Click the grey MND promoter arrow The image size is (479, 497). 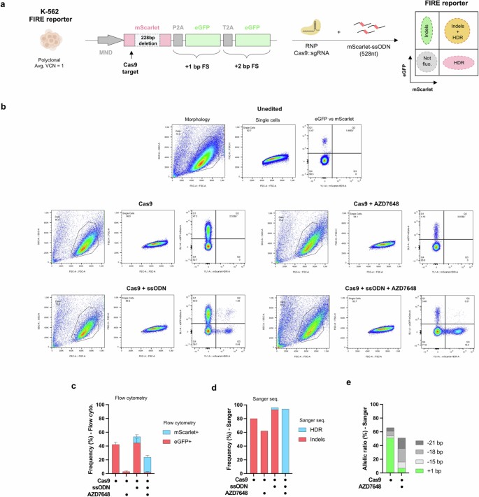click(x=108, y=40)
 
